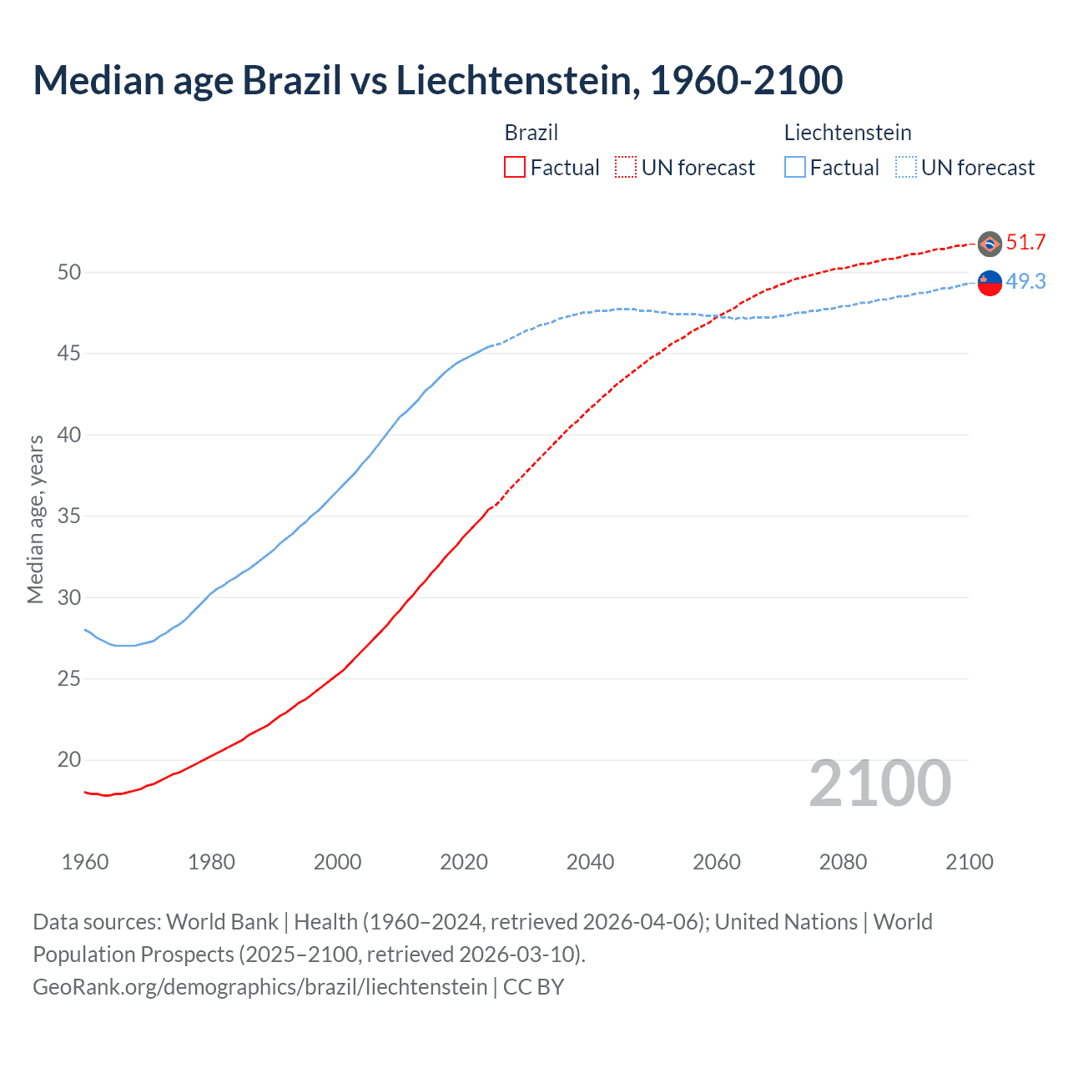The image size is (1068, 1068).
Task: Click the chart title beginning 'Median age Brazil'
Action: (437, 80)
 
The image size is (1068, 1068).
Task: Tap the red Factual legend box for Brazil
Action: (515, 168)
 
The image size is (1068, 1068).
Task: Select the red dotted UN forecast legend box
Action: (626, 168)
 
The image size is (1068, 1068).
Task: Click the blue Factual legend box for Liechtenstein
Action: (795, 168)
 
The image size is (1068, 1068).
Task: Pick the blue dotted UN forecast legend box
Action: (906, 168)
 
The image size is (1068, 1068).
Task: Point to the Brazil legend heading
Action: (531, 133)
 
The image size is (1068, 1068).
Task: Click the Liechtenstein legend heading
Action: (848, 133)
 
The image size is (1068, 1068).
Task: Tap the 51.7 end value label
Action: (1025, 243)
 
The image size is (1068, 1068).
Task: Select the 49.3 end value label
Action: (1025, 282)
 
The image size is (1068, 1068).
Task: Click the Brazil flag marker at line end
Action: (990, 244)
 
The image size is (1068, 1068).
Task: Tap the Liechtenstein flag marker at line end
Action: (990, 284)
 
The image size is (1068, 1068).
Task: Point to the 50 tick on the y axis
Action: (69, 272)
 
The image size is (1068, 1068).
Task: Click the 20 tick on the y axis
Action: (69, 760)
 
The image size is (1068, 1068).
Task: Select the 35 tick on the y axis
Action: (69, 516)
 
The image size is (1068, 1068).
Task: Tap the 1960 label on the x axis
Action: (85, 862)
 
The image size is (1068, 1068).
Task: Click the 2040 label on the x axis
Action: (590, 862)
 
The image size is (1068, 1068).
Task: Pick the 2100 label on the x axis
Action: (969, 862)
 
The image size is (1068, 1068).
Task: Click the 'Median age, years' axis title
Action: (35, 519)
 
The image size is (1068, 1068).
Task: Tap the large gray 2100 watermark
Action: (879, 783)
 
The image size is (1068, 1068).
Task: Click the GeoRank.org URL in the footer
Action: (259, 987)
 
